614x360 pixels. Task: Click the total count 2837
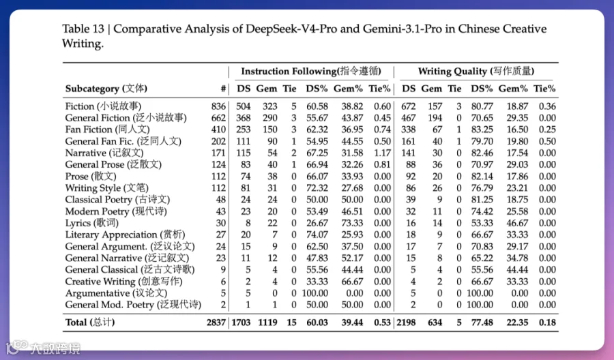214,322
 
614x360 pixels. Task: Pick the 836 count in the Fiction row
218,106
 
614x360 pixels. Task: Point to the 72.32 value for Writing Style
317,187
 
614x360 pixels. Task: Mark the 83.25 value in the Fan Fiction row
482,130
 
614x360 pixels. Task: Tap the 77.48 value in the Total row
482,322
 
